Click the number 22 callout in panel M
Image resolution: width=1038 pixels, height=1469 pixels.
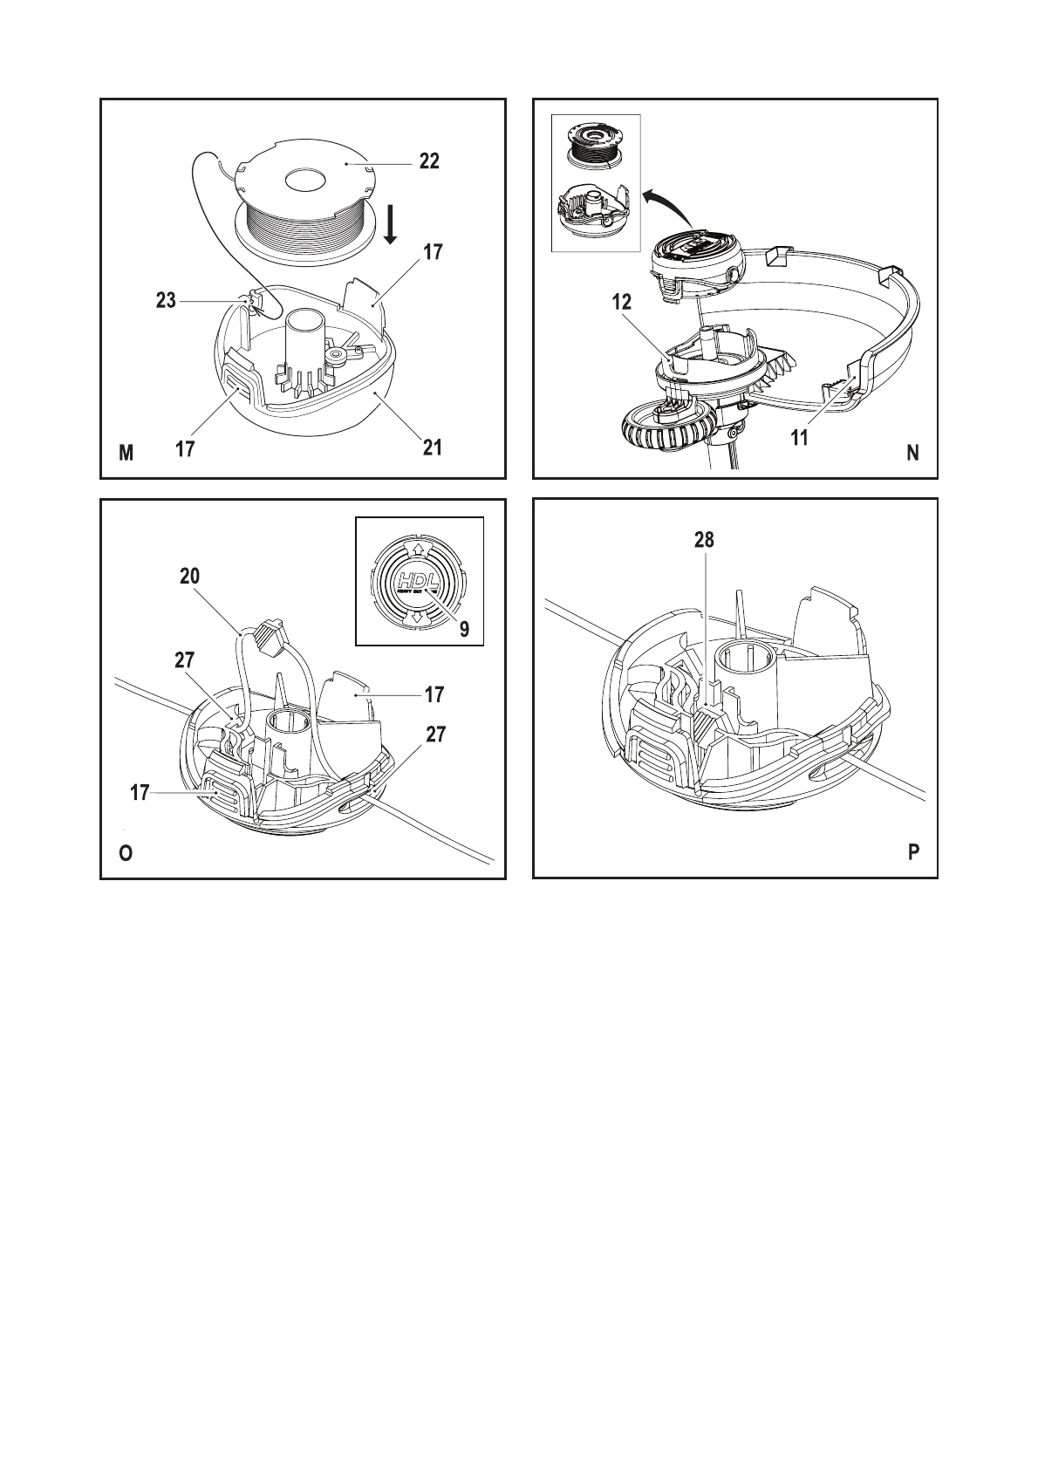click(427, 162)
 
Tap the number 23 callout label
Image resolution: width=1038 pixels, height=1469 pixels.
click(166, 301)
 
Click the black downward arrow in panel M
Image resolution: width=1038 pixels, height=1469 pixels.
click(391, 225)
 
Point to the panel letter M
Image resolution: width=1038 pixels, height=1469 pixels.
click(126, 453)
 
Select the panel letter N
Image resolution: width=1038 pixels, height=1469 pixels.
click(912, 453)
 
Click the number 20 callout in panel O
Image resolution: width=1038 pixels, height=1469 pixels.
click(189, 576)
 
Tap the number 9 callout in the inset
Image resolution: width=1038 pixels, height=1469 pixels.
click(465, 629)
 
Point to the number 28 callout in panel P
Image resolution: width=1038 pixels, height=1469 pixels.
click(704, 540)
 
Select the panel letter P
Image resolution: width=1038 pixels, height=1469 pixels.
click(913, 853)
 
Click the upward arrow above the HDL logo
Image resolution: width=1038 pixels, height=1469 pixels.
click(419, 550)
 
